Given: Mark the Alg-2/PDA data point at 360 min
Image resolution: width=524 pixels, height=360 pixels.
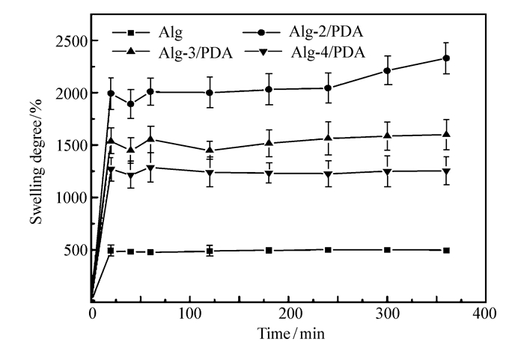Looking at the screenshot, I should (446, 58).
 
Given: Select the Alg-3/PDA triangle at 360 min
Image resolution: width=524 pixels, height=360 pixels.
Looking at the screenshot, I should (446, 135).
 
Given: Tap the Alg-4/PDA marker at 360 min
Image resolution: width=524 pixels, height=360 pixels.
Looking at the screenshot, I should (446, 171).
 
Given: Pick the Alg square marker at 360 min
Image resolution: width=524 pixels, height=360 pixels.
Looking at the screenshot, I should (446, 250).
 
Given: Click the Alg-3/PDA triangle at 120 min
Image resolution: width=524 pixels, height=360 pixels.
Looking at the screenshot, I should (210, 150).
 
